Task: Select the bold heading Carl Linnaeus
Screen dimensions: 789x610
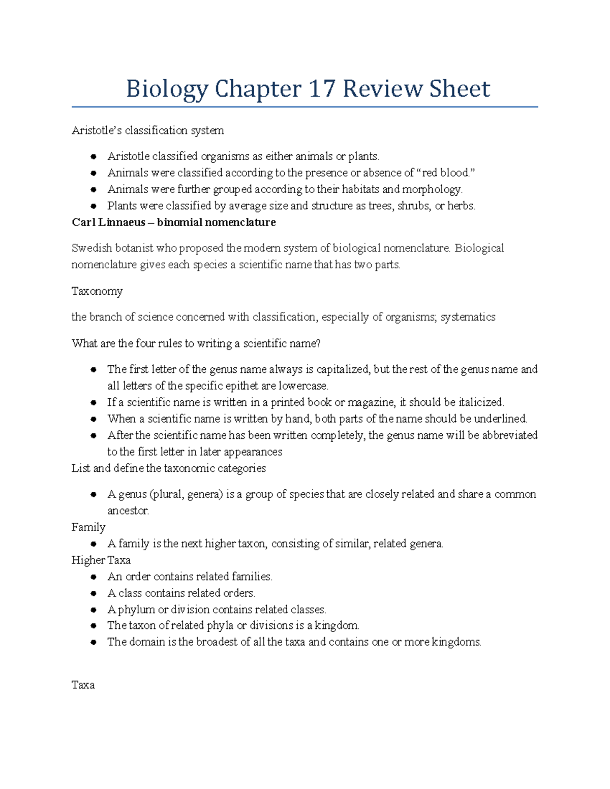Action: (x=108, y=223)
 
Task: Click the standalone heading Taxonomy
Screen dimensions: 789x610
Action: (x=97, y=291)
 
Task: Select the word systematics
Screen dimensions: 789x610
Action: (x=468, y=317)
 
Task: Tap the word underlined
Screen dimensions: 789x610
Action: (x=500, y=419)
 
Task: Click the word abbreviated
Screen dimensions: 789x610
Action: (x=509, y=435)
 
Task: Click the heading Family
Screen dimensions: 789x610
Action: (x=88, y=527)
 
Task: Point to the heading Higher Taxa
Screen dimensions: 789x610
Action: (x=101, y=560)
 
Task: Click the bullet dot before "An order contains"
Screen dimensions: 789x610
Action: (x=94, y=577)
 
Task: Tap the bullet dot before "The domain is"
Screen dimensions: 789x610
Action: (x=94, y=642)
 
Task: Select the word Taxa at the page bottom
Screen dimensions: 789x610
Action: (x=83, y=685)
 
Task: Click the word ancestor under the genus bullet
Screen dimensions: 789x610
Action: (x=128, y=511)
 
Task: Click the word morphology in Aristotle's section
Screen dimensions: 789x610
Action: (x=432, y=190)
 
